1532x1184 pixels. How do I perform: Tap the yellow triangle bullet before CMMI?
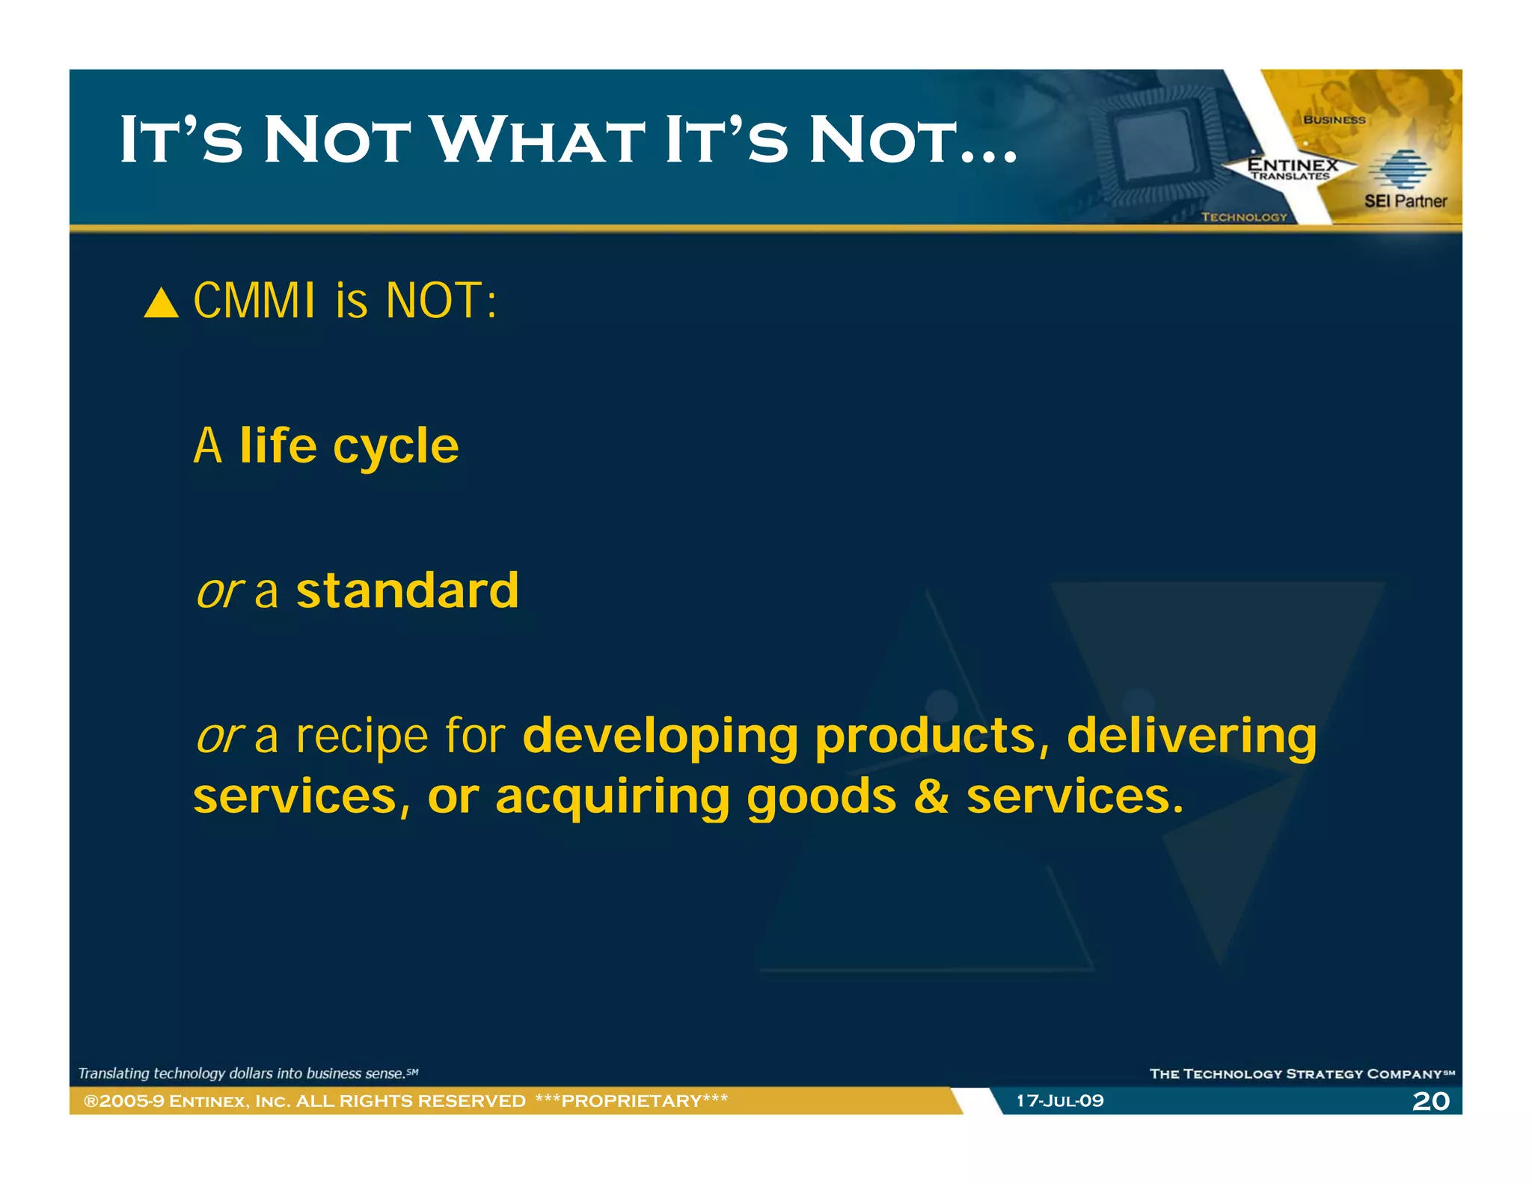161,304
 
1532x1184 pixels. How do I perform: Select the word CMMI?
254,301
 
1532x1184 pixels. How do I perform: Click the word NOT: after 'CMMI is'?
441,301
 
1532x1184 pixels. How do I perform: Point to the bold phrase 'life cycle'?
349,446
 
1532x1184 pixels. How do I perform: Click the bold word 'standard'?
407,591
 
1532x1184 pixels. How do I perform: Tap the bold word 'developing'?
660,737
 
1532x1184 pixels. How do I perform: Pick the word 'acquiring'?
612,797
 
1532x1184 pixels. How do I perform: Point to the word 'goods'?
821,797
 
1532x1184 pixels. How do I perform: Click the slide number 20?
1430,1101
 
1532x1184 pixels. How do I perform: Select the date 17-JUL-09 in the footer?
1059,1101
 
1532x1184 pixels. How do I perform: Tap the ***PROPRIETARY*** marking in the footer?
631,1101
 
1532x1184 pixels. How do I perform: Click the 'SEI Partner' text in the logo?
1405,201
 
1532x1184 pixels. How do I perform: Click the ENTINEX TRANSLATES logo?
1292,168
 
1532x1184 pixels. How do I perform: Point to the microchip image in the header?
1156,142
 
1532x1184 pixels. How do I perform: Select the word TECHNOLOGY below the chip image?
1243,217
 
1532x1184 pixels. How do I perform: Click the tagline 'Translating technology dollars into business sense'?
247,1073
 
